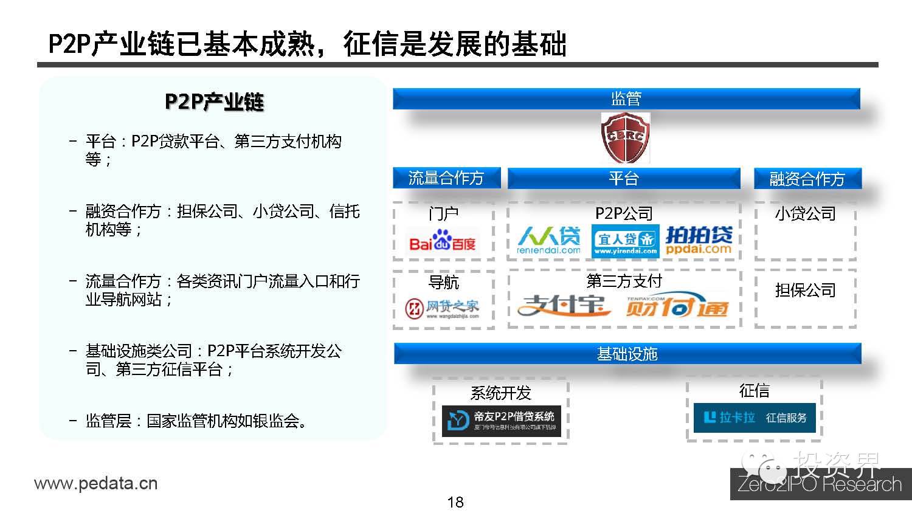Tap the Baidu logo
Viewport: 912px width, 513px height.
coord(443,241)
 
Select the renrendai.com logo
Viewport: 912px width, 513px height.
coord(548,241)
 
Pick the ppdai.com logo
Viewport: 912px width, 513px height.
coord(699,240)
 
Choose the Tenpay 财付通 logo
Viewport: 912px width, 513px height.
coord(677,306)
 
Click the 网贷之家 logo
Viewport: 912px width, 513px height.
coord(443,308)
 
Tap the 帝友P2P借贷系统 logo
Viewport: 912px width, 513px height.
coord(501,421)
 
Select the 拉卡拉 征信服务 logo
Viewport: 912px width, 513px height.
coord(755,418)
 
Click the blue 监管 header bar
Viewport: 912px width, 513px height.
coord(626,98)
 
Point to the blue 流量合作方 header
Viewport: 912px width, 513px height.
coord(446,178)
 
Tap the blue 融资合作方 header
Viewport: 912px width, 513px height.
coord(807,179)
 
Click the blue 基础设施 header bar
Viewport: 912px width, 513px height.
coord(627,354)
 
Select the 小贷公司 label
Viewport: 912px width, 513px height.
coord(806,214)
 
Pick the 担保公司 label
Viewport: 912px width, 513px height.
coord(806,291)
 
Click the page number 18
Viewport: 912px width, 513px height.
coord(455,502)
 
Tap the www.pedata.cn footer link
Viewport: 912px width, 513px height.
coord(96,484)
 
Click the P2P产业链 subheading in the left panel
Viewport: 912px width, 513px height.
coord(214,102)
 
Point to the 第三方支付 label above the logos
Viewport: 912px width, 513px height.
coord(624,281)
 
